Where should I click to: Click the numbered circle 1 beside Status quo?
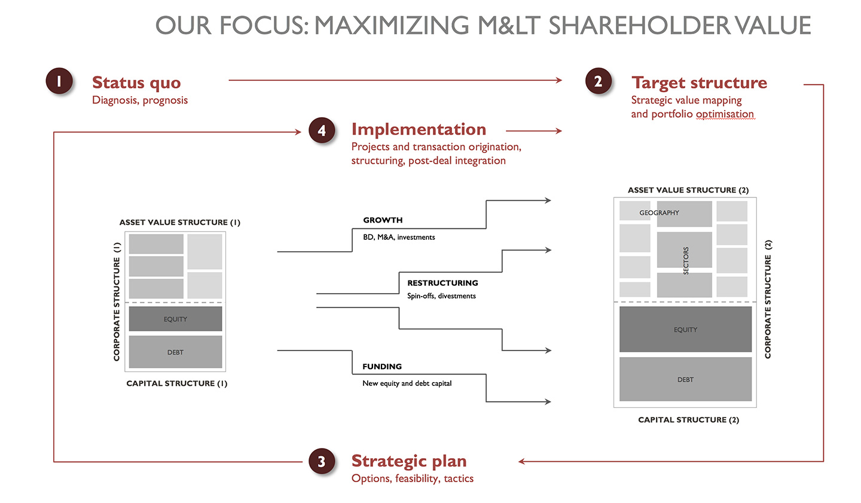pos(59,81)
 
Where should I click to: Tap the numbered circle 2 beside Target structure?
pos(599,81)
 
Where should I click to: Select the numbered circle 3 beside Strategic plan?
pos(322,461)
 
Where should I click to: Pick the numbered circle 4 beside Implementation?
pos(322,130)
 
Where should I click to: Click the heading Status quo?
pos(136,83)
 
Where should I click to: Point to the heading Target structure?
pos(699,83)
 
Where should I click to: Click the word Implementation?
pos(419,129)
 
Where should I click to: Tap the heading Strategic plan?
pos(409,461)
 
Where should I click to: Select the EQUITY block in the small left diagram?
pos(175,319)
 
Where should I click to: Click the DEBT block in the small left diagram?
pos(175,352)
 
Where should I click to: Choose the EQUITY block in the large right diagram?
pos(685,329)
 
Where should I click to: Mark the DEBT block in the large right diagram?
pos(685,379)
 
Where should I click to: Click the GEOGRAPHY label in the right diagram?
pos(659,213)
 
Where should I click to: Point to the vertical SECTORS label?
pos(686,260)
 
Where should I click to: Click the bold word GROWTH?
pos(383,220)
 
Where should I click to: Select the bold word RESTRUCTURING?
pos(443,283)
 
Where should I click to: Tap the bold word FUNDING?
pos(382,367)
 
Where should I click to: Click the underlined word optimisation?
pos(725,114)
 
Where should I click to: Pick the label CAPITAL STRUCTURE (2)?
pos(688,419)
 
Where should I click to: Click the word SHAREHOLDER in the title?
pos(638,25)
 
